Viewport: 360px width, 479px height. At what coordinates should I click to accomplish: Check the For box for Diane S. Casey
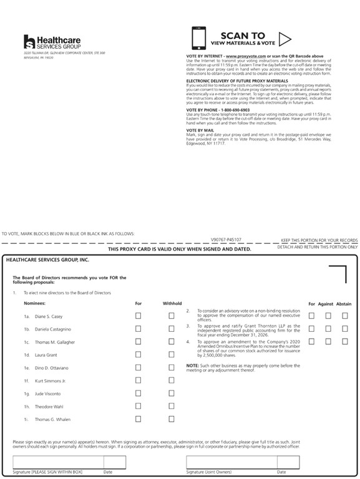[138, 316]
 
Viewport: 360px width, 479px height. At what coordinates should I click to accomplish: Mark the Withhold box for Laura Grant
[171, 355]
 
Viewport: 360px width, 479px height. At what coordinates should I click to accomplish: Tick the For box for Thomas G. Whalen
[138, 419]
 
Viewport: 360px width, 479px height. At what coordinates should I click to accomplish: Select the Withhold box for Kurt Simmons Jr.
[171, 380]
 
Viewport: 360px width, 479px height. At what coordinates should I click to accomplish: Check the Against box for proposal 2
[328, 316]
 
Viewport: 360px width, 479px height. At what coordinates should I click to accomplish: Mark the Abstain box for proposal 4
[344, 342]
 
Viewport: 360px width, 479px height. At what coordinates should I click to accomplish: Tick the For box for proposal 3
[311, 329]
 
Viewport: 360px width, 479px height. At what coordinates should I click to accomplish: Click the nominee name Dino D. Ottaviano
[51, 368]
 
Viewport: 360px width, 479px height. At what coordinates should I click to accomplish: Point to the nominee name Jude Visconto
[47, 394]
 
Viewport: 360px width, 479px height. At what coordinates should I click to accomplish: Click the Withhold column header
[172, 304]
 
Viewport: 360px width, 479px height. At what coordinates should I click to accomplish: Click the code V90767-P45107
[226, 239]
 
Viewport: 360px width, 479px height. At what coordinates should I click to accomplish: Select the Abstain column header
[344, 304]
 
